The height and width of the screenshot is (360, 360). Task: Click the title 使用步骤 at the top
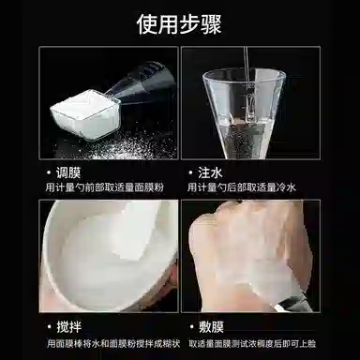180,22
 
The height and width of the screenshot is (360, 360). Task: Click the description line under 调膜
105,189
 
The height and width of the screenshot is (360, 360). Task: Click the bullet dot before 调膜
48,173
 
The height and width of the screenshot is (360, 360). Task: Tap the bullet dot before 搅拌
48,328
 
